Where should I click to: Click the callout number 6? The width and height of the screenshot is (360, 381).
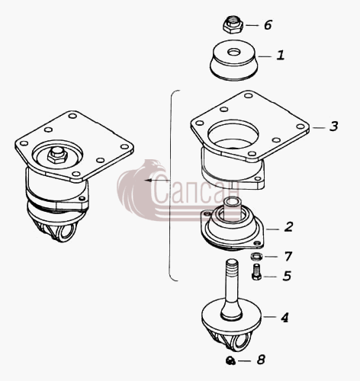tap(268, 25)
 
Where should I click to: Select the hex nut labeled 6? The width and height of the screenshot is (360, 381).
tap(233, 24)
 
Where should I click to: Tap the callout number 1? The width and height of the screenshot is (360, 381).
tap(280, 55)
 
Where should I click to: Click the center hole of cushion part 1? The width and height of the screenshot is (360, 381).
tap(234, 53)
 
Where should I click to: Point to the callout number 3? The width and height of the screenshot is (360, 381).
tap(333, 126)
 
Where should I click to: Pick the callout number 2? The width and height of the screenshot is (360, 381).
tap(288, 227)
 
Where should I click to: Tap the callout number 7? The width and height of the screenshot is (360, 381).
tap(288, 256)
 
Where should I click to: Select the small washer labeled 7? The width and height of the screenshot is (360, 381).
tap(256, 257)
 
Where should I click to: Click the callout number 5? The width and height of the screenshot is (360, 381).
tap(287, 276)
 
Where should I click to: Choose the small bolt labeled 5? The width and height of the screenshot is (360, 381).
tap(256, 272)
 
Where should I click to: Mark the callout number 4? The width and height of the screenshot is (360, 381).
tap(284, 317)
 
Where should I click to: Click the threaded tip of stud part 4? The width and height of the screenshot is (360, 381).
tap(232, 265)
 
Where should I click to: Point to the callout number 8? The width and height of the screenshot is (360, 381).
tap(261, 360)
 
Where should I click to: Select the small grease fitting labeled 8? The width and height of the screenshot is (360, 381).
tap(230, 360)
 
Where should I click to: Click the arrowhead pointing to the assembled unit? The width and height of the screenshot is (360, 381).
tap(148, 180)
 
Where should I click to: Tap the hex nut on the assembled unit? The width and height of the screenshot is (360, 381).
tap(57, 155)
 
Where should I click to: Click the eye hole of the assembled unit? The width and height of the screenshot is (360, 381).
tap(66, 232)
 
